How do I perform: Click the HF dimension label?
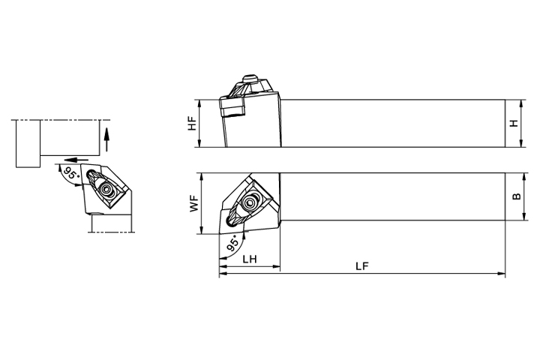(x=192, y=123)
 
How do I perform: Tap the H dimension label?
(x=514, y=123)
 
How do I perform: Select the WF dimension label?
(x=194, y=203)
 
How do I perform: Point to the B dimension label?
(x=517, y=196)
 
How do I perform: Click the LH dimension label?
(x=250, y=259)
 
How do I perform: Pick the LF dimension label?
(x=362, y=266)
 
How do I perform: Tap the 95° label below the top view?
(x=233, y=243)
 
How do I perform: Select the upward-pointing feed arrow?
(x=106, y=139)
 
